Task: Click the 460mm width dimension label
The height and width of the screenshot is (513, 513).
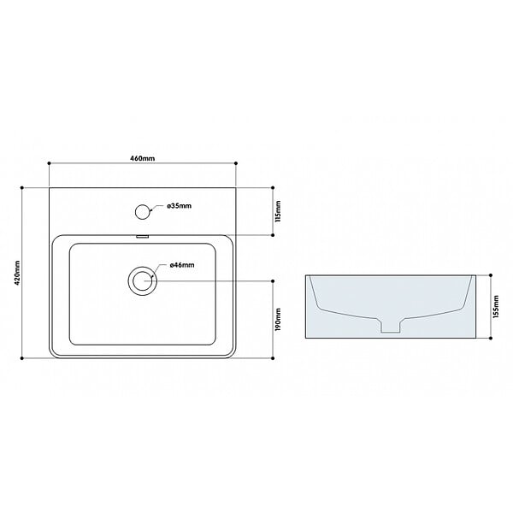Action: click(x=143, y=158)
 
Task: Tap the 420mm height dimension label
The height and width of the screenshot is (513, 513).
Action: click(x=17, y=273)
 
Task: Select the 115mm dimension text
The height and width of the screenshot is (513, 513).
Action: click(x=278, y=211)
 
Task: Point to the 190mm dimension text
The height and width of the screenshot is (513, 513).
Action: click(x=278, y=319)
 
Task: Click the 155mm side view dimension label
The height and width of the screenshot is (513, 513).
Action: click(x=496, y=307)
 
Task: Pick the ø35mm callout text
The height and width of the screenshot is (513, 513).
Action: click(x=179, y=206)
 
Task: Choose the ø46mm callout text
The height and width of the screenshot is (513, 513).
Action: click(x=182, y=265)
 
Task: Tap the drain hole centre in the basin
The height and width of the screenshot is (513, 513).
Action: click(x=142, y=281)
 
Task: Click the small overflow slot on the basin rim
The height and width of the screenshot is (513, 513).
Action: click(x=142, y=236)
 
